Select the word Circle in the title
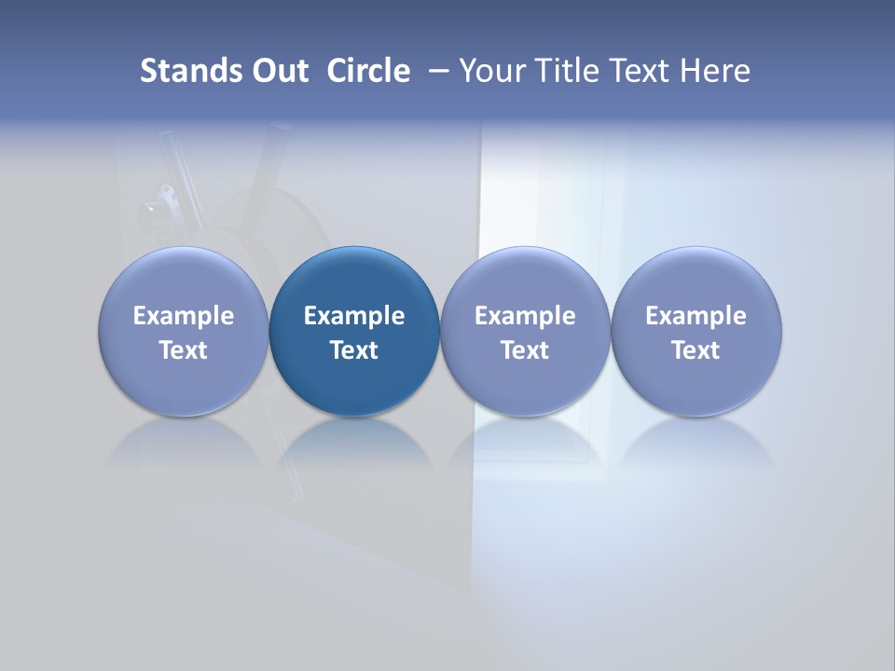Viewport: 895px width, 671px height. (x=368, y=71)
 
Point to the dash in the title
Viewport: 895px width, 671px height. (x=437, y=71)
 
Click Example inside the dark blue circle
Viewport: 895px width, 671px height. (x=354, y=316)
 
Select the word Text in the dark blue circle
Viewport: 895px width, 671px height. (x=354, y=350)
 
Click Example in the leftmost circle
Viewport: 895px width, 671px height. (x=184, y=316)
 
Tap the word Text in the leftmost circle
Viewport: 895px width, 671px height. (x=184, y=350)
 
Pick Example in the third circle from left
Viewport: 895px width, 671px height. (x=525, y=316)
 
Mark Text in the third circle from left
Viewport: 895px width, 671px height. (x=525, y=350)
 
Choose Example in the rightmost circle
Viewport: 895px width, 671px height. (x=695, y=316)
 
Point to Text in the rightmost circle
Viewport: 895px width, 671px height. (x=695, y=350)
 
